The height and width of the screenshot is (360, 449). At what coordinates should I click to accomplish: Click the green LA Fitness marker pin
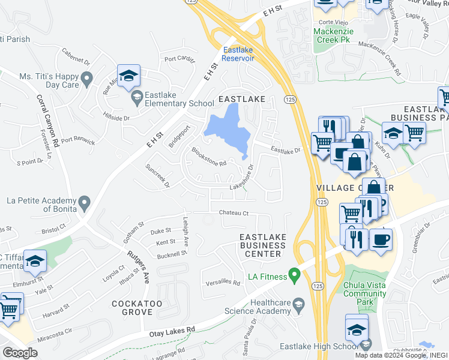pyautogui.click(x=294, y=275)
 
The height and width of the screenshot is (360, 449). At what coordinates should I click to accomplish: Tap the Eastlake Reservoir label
pyautogui.click(x=238, y=54)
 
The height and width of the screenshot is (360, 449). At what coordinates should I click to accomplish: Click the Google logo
pyautogui.click(x=20, y=352)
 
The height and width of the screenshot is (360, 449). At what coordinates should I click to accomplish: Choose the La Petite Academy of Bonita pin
pyautogui.click(x=83, y=202)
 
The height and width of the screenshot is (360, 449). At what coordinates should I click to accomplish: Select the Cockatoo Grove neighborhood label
pyautogui.click(x=137, y=308)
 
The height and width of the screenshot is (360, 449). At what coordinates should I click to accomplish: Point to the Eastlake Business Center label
pyautogui.click(x=263, y=245)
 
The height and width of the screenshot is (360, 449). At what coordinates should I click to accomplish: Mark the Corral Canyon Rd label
pyautogui.click(x=49, y=121)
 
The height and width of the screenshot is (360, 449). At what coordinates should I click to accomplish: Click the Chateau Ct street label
pyautogui.click(x=234, y=212)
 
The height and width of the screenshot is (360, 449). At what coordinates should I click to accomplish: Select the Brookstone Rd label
pyautogui.click(x=208, y=157)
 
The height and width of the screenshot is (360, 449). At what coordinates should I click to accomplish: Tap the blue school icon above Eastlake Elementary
pyautogui.click(x=128, y=76)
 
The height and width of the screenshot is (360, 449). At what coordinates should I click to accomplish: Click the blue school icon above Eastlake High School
pyautogui.click(x=357, y=326)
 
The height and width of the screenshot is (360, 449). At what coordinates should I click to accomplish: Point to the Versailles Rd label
pyautogui.click(x=222, y=282)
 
